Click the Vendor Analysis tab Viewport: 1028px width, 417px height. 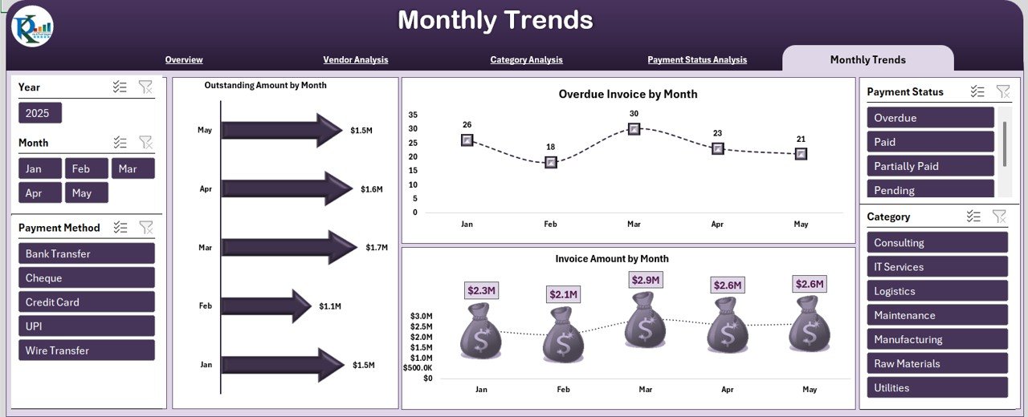[355, 59]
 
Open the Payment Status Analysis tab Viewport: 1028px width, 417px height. [696, 59]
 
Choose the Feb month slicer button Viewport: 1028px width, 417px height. [86, 168]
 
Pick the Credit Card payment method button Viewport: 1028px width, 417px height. [86, 302]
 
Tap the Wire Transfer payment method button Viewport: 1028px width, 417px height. [86, 350]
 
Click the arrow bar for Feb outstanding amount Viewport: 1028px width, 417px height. [266, 306]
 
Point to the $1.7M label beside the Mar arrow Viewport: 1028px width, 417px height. [377, 248]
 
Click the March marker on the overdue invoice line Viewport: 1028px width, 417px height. [634, 128]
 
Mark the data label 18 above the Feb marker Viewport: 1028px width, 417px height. [550, 147]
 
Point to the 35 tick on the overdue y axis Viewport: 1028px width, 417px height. [413, 115]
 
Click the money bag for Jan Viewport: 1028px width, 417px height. [480, 331]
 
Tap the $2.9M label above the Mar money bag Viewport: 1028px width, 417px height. [645, 280]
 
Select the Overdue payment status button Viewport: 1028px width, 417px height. [930, 118]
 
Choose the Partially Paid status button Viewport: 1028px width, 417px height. [930, 166]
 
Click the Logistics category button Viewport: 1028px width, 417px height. [936, 291]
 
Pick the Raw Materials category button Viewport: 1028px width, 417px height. [936, 363]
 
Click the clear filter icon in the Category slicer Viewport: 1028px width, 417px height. [999, 217]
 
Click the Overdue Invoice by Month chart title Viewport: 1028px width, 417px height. [627, 94]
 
